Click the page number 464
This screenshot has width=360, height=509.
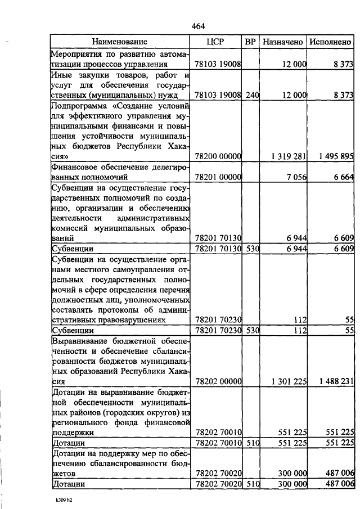198,26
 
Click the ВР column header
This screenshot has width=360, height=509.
251,42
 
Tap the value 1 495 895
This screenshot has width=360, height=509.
334,155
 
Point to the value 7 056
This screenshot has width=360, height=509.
296,177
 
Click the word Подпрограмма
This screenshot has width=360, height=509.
78,105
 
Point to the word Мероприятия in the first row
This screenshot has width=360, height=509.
76,54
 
